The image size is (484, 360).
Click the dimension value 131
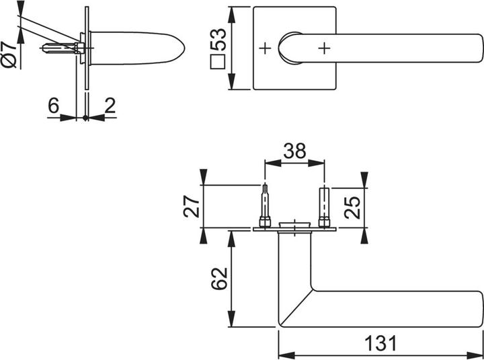380,343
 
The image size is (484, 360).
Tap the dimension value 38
294,151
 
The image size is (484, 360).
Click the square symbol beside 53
217,64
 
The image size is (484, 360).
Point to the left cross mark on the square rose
266,48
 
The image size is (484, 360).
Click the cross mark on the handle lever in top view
325,48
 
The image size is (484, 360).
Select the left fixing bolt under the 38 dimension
266,206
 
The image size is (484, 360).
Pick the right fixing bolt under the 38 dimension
324,206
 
